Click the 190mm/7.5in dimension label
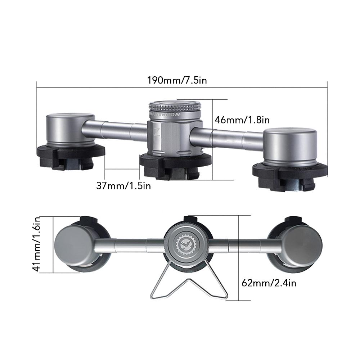pyautogui.click(x=177, y=80)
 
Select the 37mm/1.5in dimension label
pyautogui.click(x=123, y=185)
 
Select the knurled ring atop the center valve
pyautogui.click(x=175, y=107)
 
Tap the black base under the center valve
pyautogui.click(x=175, y=164)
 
